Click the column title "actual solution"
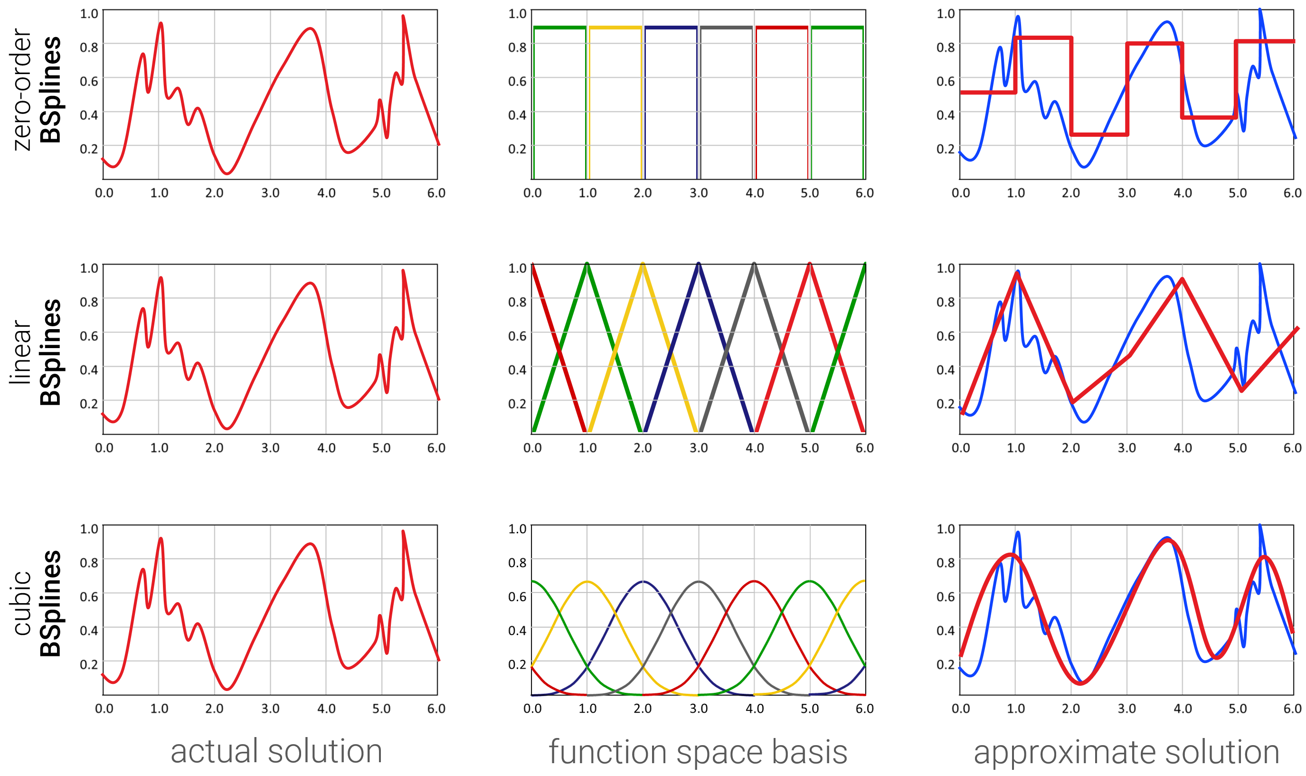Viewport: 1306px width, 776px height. (x=276, y=751)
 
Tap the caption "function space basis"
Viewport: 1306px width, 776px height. (x=698, y=752)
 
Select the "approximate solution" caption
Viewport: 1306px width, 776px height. (x=1126, y=752)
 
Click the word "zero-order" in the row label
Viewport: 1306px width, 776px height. (x=22, y=90)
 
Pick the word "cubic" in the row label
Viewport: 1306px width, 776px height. (x=22, y=603)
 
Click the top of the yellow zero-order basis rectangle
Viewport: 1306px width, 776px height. (x=615, y=28)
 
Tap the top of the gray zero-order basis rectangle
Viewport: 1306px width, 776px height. (x=726, y=28)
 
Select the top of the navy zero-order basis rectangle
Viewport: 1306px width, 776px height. (x=671, y=28)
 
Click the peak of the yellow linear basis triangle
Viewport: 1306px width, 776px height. (x=643, y=265)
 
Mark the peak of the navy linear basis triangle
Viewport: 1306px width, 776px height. (x=699, y=265)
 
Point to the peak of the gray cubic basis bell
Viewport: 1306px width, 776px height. (x=699, y=581)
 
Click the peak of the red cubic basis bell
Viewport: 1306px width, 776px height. (x=754, y=581)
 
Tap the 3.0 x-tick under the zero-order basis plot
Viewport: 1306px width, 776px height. (x=699, y=193)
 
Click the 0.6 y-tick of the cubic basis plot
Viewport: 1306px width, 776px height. (x=517, y=596)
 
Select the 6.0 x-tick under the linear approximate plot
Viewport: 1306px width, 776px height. (x=1292, y=448)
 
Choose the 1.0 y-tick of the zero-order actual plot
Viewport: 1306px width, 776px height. (x=89, y=14)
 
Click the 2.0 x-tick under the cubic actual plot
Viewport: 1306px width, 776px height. (x=214, y=709)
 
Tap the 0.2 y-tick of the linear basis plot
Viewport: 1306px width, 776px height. (x=517, y=404)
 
